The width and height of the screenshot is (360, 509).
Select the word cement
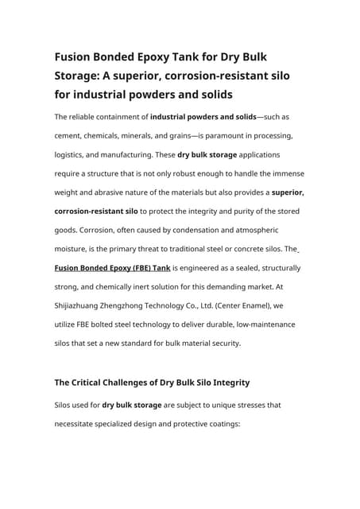[72, 136]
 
